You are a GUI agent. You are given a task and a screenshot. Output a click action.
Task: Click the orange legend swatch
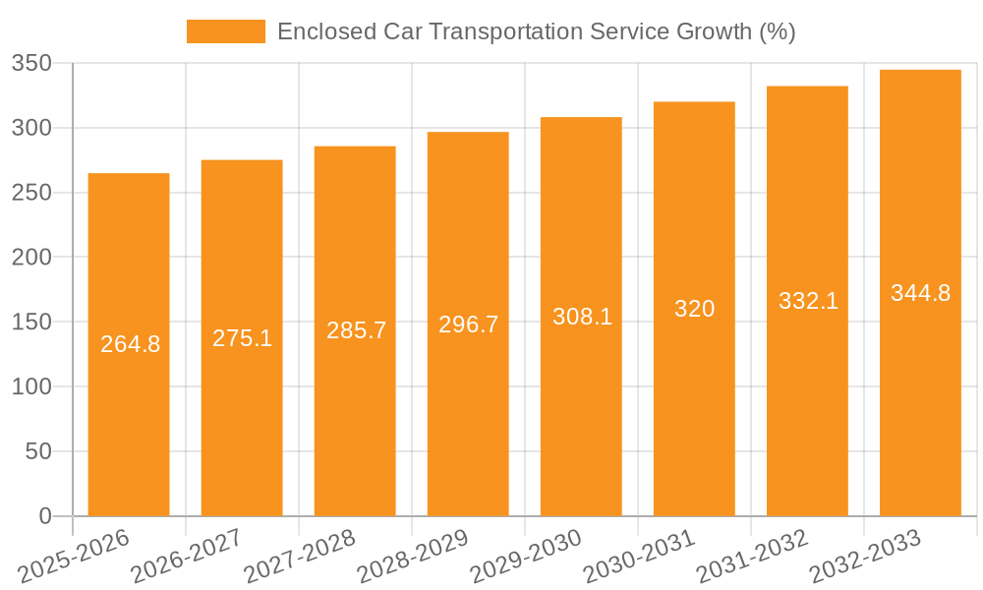click(x=225, y=31)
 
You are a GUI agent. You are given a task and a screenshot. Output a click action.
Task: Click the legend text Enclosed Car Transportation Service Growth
click(x=536, y=31)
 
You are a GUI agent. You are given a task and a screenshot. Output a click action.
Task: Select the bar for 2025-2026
click(x=129, y=413)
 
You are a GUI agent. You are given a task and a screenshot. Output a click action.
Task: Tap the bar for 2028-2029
click(x=468, y=413)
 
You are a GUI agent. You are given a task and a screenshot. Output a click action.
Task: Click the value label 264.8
click(x=131, y=344)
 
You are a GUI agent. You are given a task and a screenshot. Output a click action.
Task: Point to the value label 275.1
click(x=242, y=338)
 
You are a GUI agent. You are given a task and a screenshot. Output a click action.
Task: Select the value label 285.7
click(x=356, y=330)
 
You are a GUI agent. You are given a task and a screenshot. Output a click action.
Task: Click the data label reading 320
click(x=694, y=309)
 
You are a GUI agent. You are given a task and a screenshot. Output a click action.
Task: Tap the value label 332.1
click(x=808, y=301)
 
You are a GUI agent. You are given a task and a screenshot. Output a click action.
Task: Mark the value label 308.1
click(x=582, y=317)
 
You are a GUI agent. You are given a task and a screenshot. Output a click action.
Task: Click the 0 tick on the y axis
click(x=44, y=516)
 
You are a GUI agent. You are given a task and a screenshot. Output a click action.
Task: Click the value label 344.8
click(x=920, y=293)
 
